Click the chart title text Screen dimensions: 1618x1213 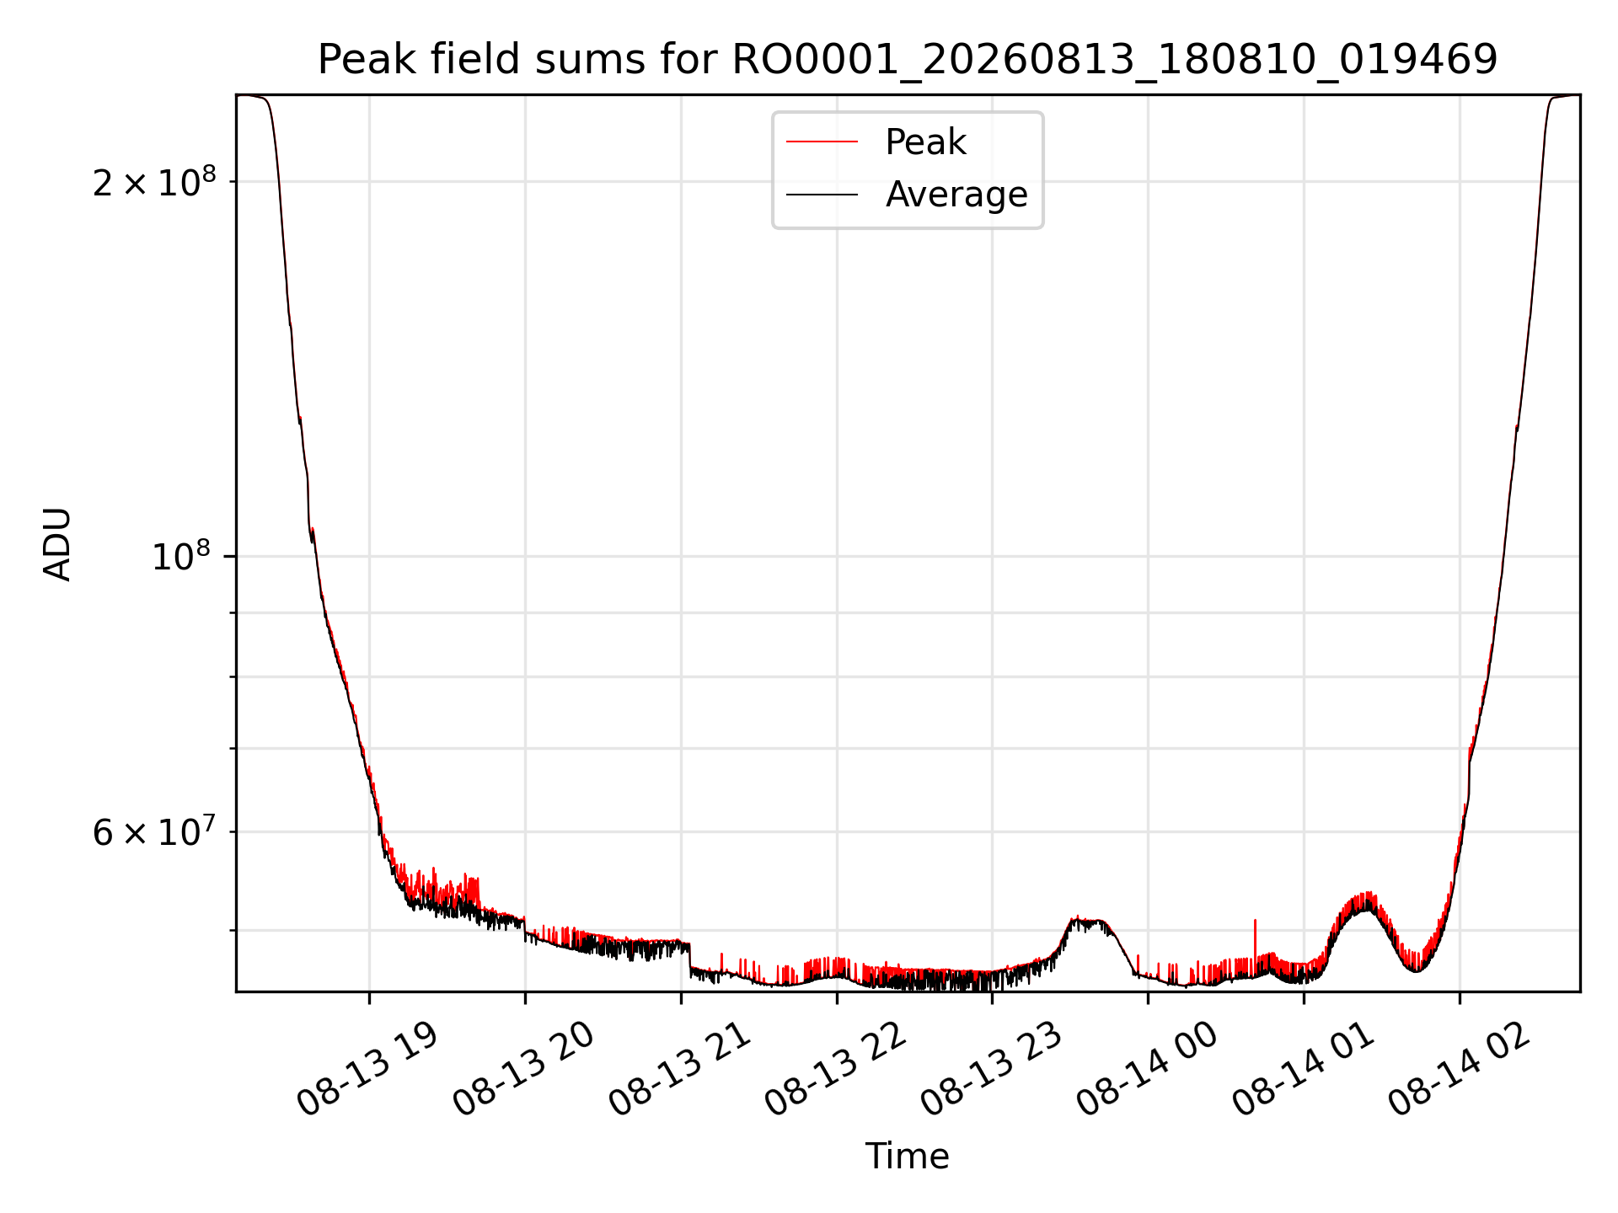908,60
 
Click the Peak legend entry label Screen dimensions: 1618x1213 925,142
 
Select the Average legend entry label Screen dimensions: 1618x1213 956,195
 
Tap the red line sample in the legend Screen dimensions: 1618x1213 822,142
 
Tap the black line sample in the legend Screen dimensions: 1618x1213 822,195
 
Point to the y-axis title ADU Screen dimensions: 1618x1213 57,543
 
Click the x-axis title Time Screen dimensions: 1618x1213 907,1157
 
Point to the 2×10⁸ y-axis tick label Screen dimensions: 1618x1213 154,181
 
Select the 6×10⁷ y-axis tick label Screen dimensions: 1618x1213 154,832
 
